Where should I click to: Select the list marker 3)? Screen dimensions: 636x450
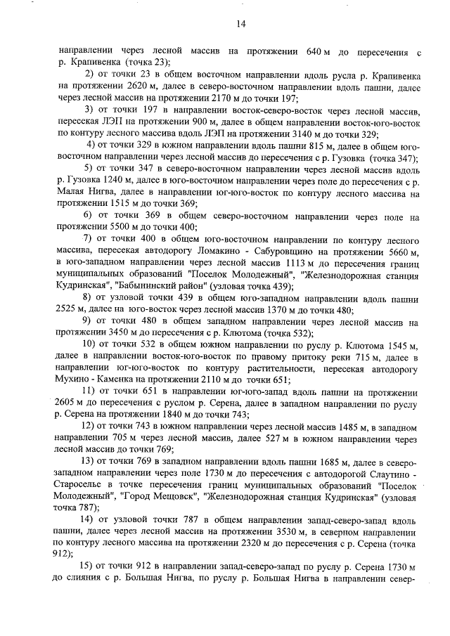89,111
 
